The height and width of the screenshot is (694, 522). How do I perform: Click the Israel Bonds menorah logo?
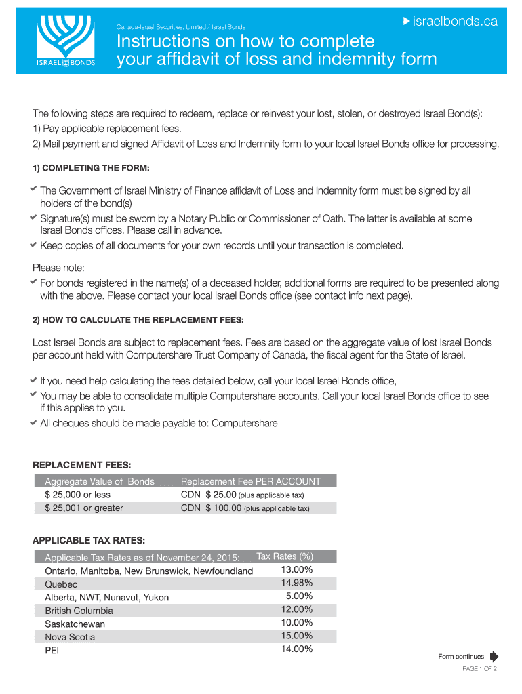[66, 40]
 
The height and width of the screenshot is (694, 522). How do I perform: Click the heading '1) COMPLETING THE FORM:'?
[91, 168]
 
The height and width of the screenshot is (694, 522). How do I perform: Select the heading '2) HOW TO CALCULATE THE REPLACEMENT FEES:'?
[138, 319]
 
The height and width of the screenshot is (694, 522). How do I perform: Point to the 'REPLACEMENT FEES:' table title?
[82, 465]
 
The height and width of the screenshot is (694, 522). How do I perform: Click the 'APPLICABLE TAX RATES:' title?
[89, 540]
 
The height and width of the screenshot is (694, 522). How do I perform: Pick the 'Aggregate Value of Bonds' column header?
[100, 481]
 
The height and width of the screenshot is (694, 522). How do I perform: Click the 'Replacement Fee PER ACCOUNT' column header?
[250, 481]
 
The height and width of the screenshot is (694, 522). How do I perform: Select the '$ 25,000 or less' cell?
[77, 495]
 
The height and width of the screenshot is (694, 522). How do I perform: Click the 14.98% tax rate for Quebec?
[296, 583]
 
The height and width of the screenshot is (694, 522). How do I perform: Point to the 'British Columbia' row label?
[79, 611]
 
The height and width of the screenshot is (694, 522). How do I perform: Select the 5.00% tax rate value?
[299, 596]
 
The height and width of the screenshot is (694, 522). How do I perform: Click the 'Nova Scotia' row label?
[70, 637]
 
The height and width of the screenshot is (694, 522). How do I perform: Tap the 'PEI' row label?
[52, 650]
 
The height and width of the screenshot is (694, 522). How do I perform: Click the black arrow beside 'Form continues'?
[494, 656]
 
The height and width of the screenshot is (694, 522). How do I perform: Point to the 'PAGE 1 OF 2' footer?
[479, 669]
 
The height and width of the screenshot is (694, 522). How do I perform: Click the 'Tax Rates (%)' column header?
[284, 557]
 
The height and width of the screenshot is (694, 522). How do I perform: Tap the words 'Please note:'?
[58, 268]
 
